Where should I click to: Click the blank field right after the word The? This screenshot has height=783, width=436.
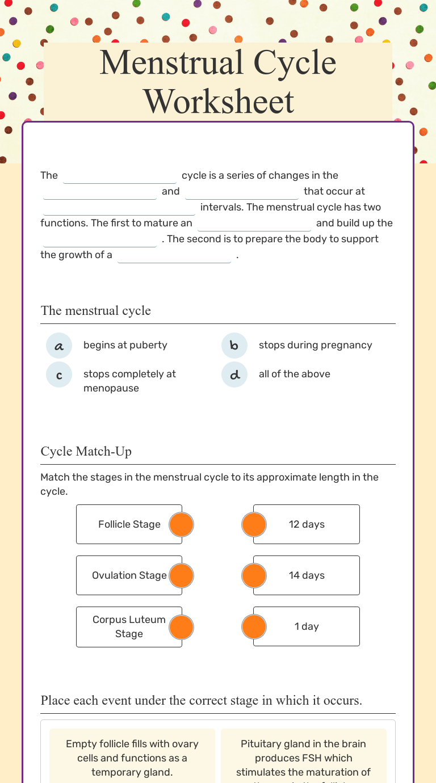tap(120, 176)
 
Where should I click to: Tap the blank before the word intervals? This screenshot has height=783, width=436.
tap(119, 208)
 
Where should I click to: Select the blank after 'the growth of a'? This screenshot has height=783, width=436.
tap(174, 256)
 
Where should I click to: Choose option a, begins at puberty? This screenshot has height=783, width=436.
tap(59, 346)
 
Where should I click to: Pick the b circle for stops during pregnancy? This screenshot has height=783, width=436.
tap(234, 346)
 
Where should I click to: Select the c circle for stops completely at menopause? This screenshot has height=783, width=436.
tap(59, 374)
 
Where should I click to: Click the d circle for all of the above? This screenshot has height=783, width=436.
tap(234, 374)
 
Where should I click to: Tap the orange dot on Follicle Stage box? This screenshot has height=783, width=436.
tap(182, 524)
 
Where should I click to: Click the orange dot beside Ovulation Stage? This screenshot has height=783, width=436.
tap(182, 575)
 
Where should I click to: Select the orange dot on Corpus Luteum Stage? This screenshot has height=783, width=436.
tap(182, 626)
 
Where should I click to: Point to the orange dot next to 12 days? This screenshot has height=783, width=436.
tap(254, 524)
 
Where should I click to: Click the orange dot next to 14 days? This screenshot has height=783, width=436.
tap(254, 575)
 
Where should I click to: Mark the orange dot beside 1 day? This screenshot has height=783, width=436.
tap(254, 626)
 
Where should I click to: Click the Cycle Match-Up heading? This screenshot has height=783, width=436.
tap(86, 452)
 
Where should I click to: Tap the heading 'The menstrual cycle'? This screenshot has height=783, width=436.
tap(96, 311)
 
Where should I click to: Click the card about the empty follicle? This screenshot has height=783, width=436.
tap(132, 757)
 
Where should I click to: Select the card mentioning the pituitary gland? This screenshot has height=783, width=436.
tap(303, 757)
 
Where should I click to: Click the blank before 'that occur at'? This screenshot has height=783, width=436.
tap(241, 192)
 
